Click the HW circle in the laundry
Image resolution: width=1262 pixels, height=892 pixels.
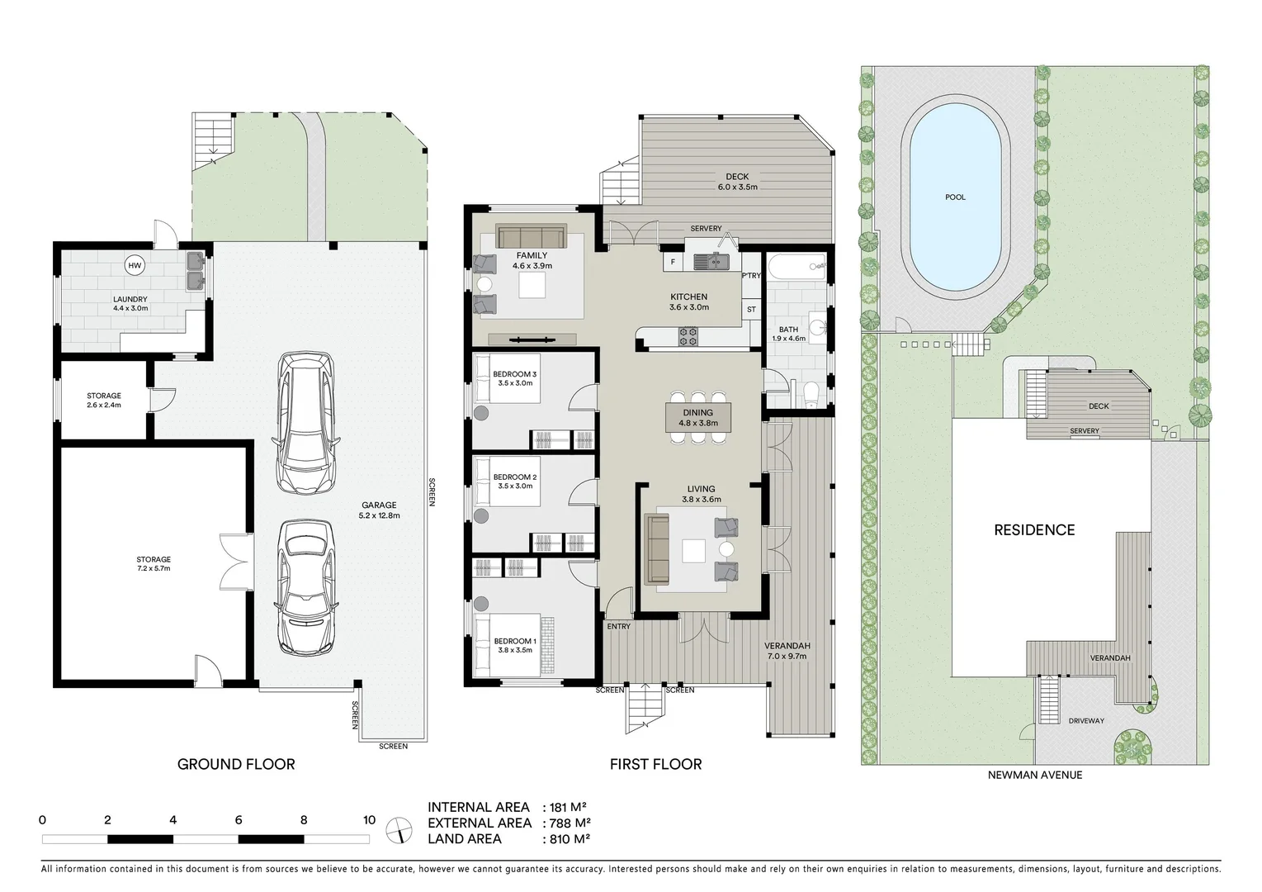tap(135, 266)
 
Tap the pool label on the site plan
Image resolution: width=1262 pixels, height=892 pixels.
tap(955, 197)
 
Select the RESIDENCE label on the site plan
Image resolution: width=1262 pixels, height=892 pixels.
tap(1034, 530)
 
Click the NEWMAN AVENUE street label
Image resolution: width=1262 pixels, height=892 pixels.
tap(1035, 775)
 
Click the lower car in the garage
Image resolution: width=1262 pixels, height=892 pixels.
tap(307, 587)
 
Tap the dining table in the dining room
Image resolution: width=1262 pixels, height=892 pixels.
tap(699, 418)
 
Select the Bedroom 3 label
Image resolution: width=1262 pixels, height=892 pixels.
tap(514, 374)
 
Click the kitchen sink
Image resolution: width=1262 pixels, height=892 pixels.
tap(709, 263)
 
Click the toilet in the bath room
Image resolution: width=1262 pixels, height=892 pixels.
tap(811, 393)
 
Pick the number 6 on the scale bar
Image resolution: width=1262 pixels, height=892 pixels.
tap(238, 820)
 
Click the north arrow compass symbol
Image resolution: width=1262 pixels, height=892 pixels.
tap(399, 829)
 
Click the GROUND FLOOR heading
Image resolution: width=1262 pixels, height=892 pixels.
tap(236, 764)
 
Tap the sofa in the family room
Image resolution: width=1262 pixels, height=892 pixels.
tap(531, 237)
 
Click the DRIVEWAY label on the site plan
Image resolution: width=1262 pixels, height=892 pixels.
tap(1086, 721)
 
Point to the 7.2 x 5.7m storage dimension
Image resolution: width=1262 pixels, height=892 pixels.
tap(154, 569)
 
